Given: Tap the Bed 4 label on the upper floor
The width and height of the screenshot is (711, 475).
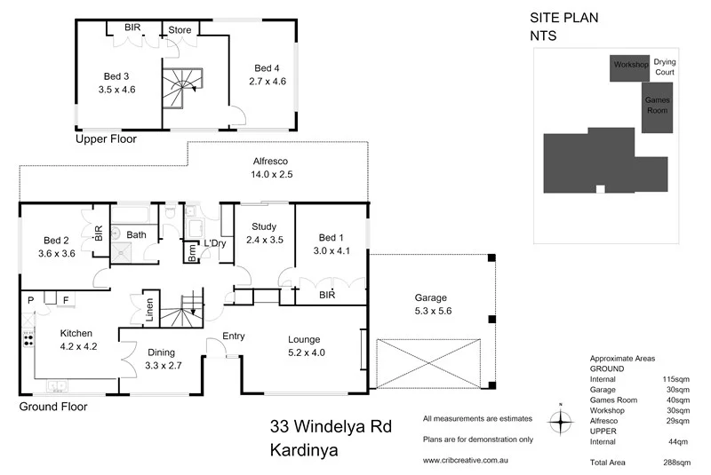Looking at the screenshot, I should (x=267, y=68).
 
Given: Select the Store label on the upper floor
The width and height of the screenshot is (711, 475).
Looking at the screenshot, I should (x=180, y=30).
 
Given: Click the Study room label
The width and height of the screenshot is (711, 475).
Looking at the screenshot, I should (x=264, y=226).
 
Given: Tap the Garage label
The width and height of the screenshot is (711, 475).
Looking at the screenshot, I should (x=430, y=297).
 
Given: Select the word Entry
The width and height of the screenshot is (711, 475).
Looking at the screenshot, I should (x=234, y=336).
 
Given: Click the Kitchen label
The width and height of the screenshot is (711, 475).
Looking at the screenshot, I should (x=76, y=333).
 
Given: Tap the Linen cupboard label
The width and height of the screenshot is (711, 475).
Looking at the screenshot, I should (x=148, y=309).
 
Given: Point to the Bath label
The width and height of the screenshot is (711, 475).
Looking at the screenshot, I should (x=136, y=235).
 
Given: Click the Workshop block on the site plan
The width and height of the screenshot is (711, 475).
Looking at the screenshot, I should (x=629, y=66).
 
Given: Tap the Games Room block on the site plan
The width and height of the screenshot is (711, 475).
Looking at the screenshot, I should (x=657, y=106).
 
